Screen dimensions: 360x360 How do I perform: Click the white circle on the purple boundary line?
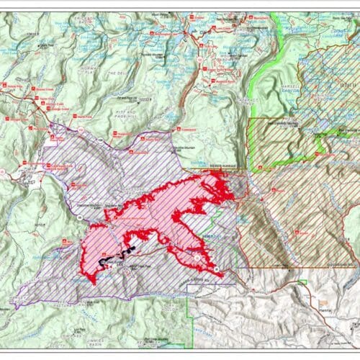point(197,256)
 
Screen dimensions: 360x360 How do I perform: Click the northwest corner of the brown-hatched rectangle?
point(249,119)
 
